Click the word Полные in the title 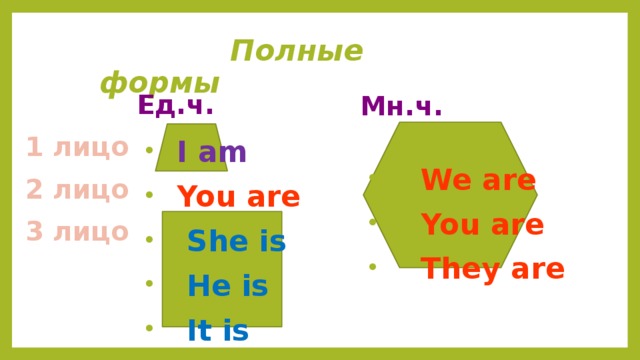[296, 51]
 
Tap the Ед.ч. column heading [175, 106]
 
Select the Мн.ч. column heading [402, 107]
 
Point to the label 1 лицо [77, 147]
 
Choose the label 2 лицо [77, 189]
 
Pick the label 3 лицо [77, 231]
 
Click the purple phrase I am [211, 152]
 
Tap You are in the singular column [238, 197]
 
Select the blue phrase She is [236, 241]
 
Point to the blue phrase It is [217, 330]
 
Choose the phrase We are [479, 181]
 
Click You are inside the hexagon [482, 224]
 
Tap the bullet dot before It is [148, 327]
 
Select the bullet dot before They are [372, 266]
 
